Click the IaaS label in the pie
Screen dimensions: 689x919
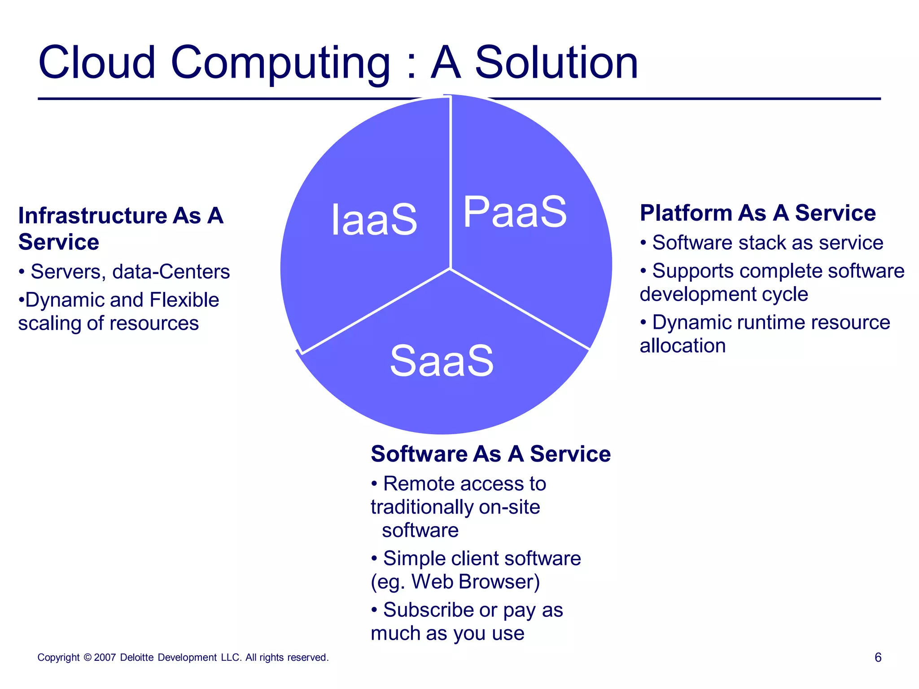(x=374, y=219)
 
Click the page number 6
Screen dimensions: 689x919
(x=878, y=658)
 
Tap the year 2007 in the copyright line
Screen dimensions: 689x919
(x=105, y=658)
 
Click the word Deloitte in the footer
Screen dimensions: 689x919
(x=137, y=658)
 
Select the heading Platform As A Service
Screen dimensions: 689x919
(x=757, y=213)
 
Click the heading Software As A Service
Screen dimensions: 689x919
(x=490, y=454)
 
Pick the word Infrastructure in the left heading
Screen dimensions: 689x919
(x=92, y=216)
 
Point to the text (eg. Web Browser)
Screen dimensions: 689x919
(x=455, y=582)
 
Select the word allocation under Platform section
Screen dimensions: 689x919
(x=683, y=346)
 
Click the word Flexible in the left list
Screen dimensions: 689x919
(x=184, y=300)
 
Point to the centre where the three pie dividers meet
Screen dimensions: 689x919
(x=450, y=269)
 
